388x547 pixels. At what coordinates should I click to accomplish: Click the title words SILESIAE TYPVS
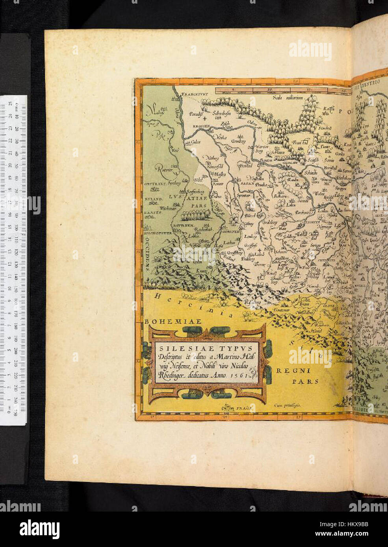[x=206, y=348]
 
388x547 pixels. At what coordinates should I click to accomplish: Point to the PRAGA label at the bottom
[x=244, y=409]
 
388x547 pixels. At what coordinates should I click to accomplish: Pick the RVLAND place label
[x=154, y=200]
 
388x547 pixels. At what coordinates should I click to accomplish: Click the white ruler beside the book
[x=13, y=260]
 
